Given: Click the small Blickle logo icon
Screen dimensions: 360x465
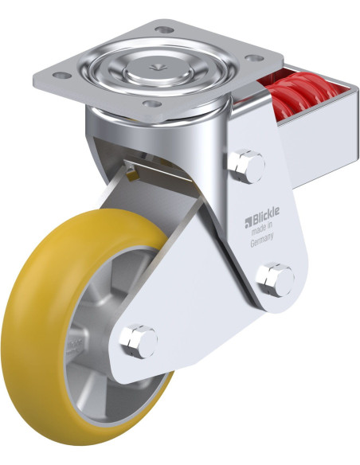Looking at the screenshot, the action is [248, 223].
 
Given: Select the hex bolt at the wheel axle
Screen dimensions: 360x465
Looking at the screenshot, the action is [138, 341].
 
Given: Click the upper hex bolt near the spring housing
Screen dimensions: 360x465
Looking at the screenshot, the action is [246, 166].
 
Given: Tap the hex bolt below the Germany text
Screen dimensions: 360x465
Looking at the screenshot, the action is [275, 279].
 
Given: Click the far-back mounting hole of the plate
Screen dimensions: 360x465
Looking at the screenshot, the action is [164, 29].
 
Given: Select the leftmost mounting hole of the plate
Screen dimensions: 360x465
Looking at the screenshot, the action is [61, 76].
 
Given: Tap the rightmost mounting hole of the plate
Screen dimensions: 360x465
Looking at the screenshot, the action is [254, 58].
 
